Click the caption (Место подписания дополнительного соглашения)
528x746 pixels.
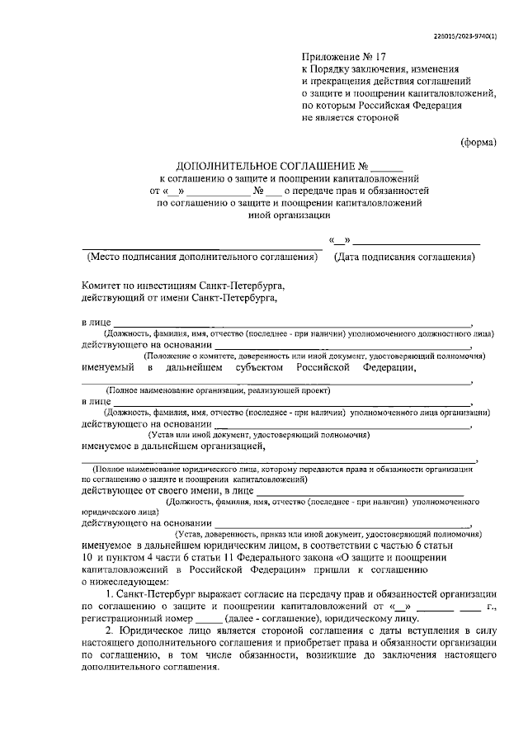click(x=202, y=257)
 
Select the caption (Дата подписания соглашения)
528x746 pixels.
click(x=404, y=257)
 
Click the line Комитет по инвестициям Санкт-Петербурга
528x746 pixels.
click(x=182, y=283)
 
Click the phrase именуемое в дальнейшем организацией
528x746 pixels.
click(x=172, y=446)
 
